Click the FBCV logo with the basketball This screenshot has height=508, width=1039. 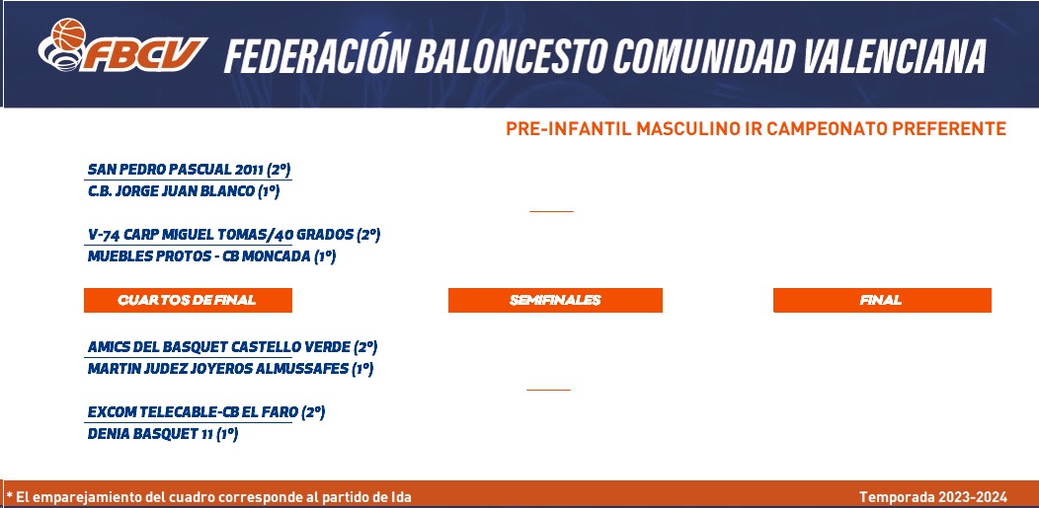[121, 45]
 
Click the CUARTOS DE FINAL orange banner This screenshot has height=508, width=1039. [188, 300]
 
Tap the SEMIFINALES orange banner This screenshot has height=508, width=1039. [555, 300]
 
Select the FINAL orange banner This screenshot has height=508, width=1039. [882, 300]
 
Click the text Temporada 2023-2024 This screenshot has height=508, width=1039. [933, 497]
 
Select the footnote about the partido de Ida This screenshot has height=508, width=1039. [208, 497]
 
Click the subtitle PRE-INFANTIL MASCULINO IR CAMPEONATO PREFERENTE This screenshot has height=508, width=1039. [757, 128]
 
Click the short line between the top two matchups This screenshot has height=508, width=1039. [551, 212]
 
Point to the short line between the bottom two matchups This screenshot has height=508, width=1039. [549, 391]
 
